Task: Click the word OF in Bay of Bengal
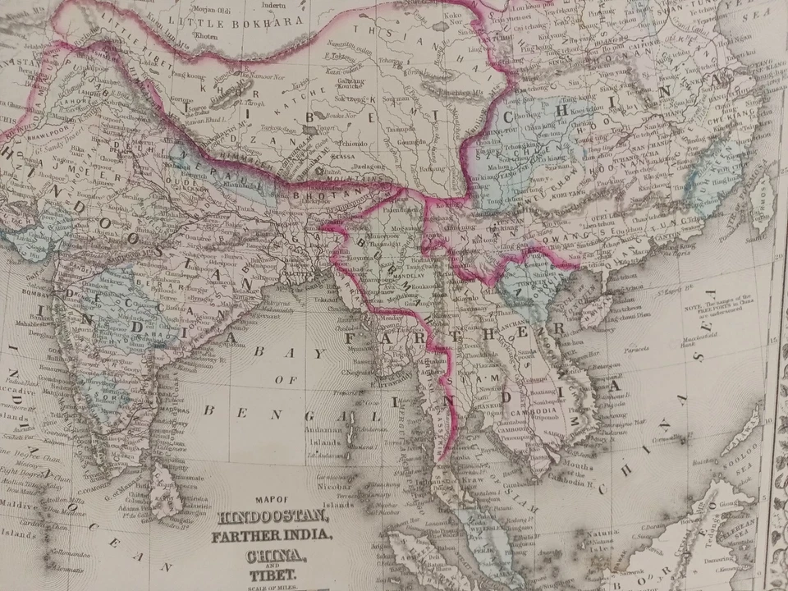[286, 380]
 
